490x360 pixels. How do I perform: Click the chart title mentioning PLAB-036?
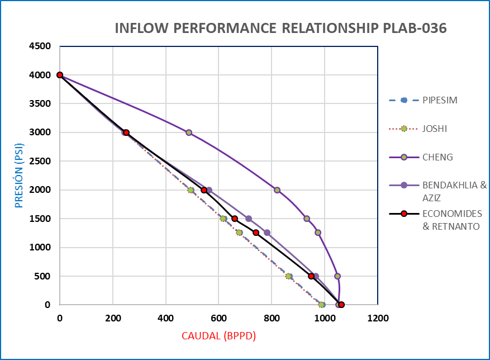pyautogui.click(x=280, y=29)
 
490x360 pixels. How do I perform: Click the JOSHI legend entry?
pyautogui.click(x=434, y=129)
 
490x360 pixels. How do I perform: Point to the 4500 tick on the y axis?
pyautogui.click(x=40, y=46)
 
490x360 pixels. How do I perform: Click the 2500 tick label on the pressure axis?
pyautogui.click(x=40, y=162)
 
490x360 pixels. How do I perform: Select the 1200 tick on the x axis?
pyautogui.click(x=378, y=318)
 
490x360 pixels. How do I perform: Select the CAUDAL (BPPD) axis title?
pyautogui.click(x=218, y=336)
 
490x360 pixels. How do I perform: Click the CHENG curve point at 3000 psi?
pyautogui.click(x=189, y=132)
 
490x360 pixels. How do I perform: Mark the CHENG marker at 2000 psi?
pyautogui.click(x=277, y=190)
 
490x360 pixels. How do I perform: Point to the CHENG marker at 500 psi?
pyautogui.click(x=337, y=276)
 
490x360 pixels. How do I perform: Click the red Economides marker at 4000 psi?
pyautogui.click(x=60, y=75)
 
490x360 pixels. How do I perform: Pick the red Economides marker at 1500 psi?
pyautogui.click(x=235, y=219)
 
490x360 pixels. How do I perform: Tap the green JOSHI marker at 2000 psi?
pyautogui.click(x=191, y=190)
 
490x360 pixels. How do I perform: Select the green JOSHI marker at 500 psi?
pyautogui.click(x=288, y=276)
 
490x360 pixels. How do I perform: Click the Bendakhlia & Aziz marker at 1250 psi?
pyautogui.click(x=267, y=233)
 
